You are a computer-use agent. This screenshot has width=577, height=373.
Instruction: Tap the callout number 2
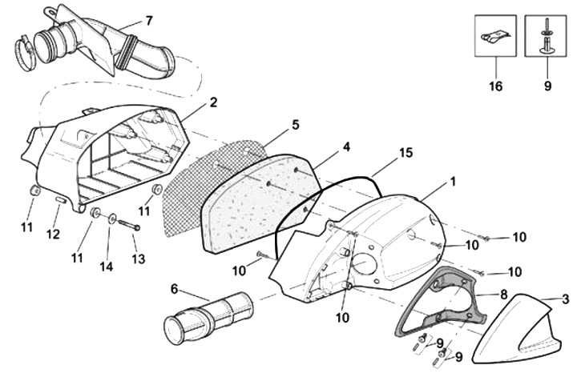[x=214, y=102]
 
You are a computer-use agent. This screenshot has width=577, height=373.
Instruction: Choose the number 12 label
[x=53, y=235]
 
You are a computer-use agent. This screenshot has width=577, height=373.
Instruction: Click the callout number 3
[x=566, y=299]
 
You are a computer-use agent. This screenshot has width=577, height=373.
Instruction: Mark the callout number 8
[x=504, y=295]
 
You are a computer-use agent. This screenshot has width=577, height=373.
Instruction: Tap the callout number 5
[x=296, y=125]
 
